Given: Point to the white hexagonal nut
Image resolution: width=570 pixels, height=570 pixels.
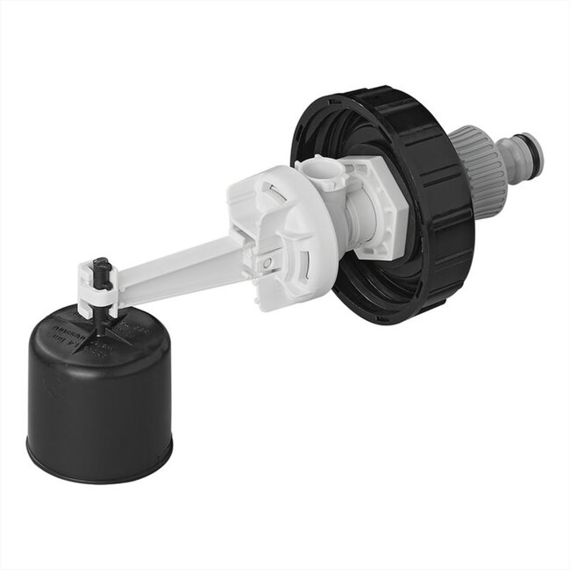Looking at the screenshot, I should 386,206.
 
